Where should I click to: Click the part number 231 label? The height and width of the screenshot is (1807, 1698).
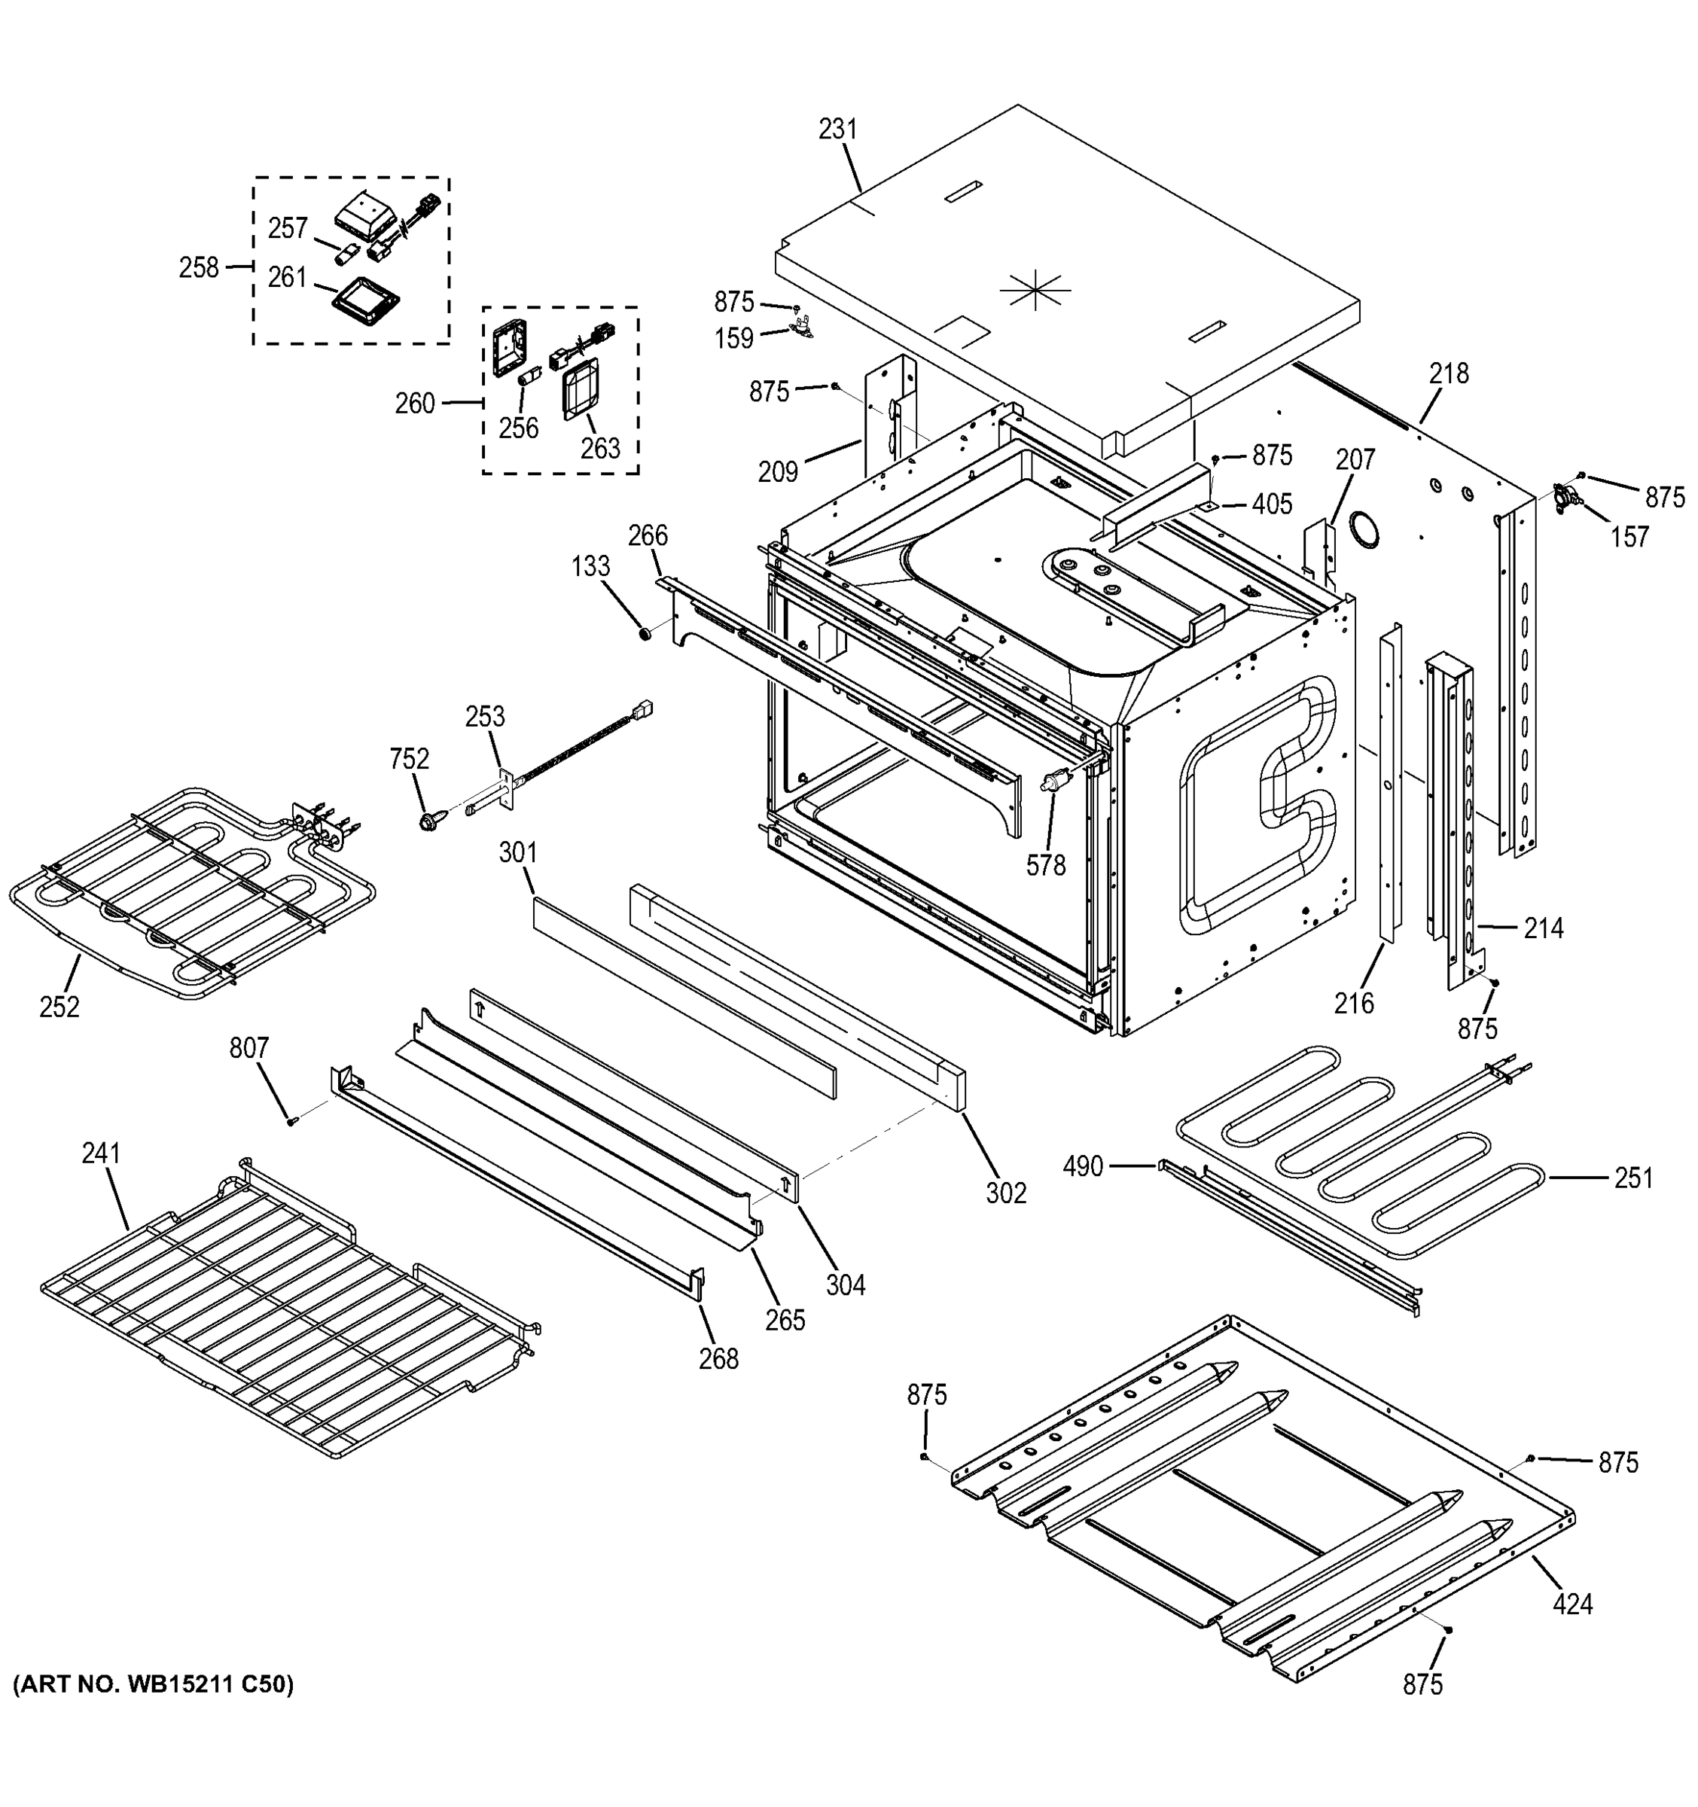click(837, 130)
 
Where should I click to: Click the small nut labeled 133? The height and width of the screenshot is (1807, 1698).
click(644, 632)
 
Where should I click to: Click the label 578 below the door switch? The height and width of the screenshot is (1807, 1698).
click(1045, 865)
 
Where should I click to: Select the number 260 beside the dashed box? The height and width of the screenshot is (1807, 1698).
click(414, 403)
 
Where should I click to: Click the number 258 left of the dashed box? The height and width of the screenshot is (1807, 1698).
click(199, 267)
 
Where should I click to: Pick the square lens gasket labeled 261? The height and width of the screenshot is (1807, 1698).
click(364, 298)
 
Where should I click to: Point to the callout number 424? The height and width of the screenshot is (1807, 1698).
click(1572, 1604)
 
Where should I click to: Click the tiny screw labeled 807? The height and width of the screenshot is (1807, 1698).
click(291, 1121)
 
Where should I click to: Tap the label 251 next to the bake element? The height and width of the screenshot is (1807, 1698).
click(1633, 1178)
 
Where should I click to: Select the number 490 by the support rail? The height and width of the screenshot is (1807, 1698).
click(1083, 1166)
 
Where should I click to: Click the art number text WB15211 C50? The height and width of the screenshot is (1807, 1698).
click(153, 1684)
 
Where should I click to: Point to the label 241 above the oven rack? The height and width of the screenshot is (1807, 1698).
click(101, 1153)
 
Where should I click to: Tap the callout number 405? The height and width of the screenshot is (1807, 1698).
click(1271, 504)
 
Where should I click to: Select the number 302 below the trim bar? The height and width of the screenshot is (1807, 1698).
click(1006, 1193)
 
